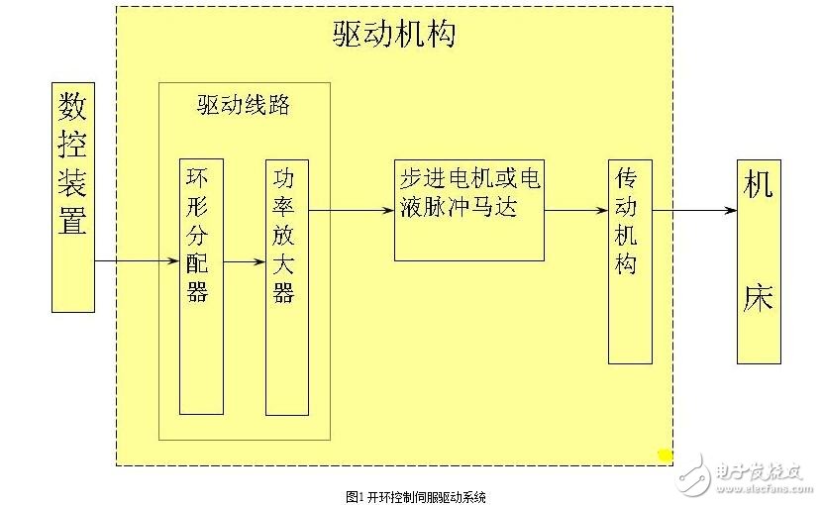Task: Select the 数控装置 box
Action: pos(73,197)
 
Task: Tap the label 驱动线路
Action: pos(244,105)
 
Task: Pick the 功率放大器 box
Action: pos(286,285)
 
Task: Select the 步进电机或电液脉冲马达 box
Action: pos(468,209)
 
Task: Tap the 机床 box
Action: pos(759,260)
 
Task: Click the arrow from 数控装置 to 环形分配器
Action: pos(137,261)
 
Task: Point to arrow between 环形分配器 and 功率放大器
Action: pos(244,261)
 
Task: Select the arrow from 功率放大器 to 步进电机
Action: pos(351,210)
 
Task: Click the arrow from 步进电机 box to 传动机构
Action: pos(575,210)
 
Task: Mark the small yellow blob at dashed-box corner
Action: pos(665,454)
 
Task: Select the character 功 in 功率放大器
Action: pos(285,180)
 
